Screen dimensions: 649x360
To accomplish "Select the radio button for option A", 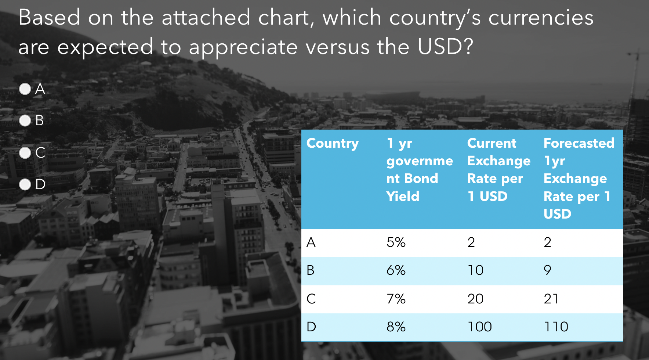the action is pos(25,89).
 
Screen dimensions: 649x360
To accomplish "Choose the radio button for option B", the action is pos(25,120).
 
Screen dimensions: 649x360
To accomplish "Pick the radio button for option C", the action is pos(25,153).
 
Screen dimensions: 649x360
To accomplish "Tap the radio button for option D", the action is pos(25,184).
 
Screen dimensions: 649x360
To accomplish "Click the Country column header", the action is pos(333,144).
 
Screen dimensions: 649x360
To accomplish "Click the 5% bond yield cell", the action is pos(396,242).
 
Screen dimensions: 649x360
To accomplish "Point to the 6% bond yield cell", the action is pos(396,270).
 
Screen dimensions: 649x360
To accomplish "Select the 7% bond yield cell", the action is pos(396,299).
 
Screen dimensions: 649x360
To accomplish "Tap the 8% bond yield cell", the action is pos(396,327).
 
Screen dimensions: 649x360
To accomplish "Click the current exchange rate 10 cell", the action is pos(476,270).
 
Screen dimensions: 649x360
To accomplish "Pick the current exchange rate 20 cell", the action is pos(476,299).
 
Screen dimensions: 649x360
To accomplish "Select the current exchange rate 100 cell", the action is pos(480,327).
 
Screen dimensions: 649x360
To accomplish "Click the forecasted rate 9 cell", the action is pos(548,270).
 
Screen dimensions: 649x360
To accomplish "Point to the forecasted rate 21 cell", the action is pos(551,299).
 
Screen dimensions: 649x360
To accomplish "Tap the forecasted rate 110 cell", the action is pos(556,327).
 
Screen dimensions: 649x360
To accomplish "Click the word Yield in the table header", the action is pos(403,196).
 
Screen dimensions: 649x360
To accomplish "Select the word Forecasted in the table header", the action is pos(579,143).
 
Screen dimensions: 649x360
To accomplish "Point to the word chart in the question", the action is pos(285,17).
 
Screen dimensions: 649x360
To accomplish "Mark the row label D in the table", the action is pos(311,327).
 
